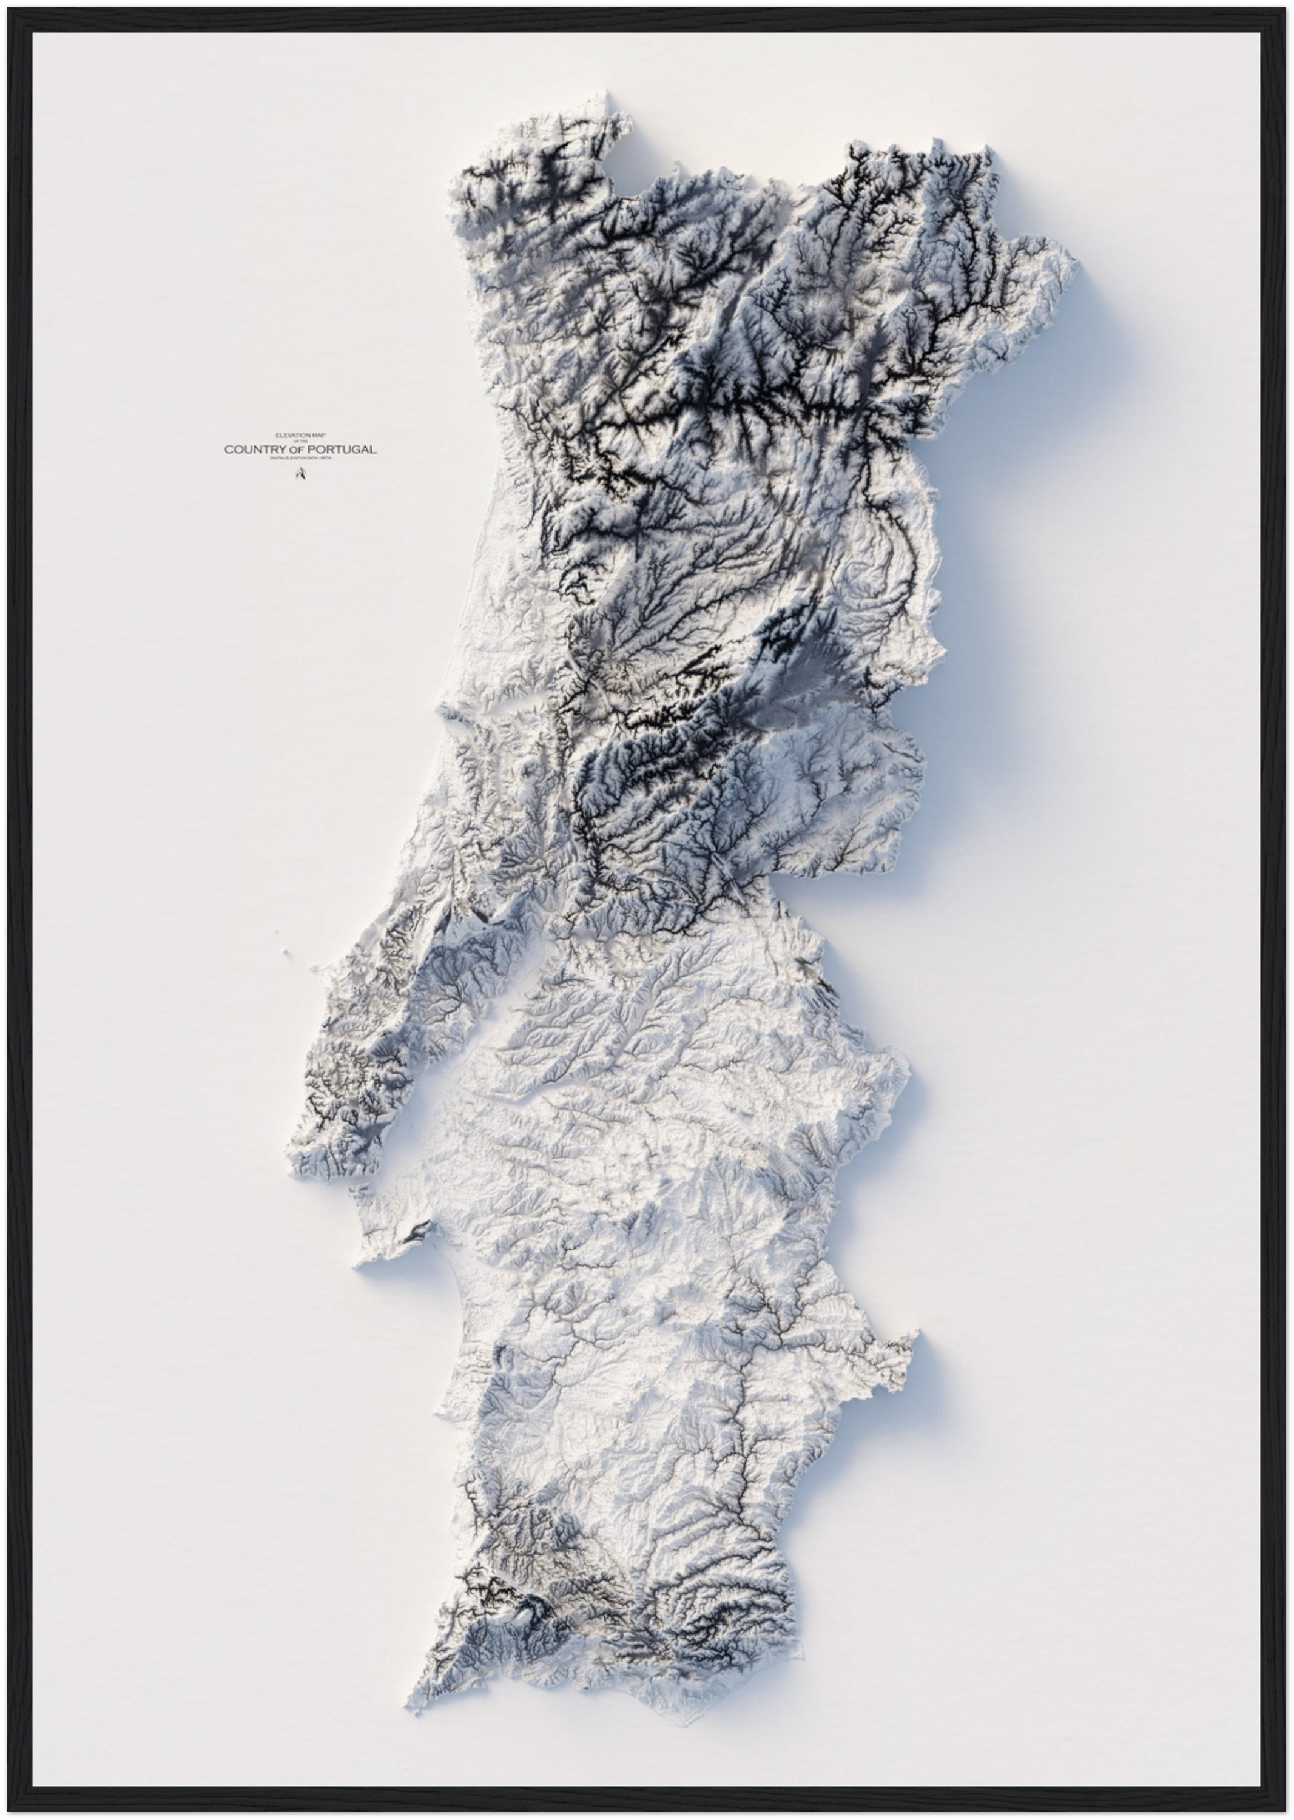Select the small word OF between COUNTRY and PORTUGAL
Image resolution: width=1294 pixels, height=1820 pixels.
(x=297, y=451)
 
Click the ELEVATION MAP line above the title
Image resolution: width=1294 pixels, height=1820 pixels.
(x=300, y=435)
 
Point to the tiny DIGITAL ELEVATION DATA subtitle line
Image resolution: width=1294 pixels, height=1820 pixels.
(x=300, y=460)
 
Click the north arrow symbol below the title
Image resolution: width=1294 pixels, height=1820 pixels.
(x=300, y=475)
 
